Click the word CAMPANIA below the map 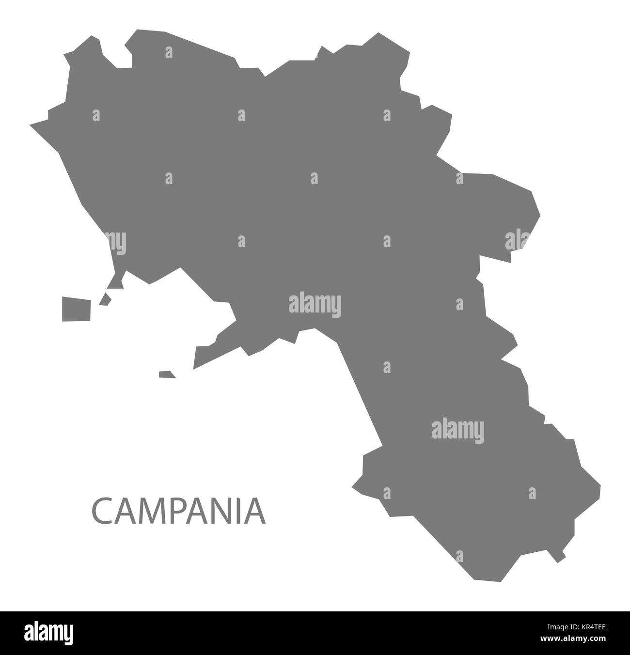click(178, 512)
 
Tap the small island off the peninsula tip click(166, 374)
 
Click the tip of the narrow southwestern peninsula click(195, 366)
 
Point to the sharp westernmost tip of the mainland click(31, 125)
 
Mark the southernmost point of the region click(499, 580)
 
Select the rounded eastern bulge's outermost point click(539, 213)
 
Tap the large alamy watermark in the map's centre click(315, 305)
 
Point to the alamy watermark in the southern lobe click(457, 429)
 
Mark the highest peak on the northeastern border click(378, 33)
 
